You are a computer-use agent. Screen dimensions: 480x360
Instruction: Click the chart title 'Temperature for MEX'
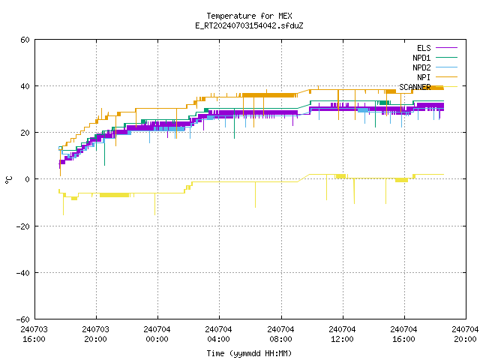pos(249,16)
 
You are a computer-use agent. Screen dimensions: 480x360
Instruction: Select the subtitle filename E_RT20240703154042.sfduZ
pos(249,25)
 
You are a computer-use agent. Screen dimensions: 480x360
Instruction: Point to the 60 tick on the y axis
pos(25,40)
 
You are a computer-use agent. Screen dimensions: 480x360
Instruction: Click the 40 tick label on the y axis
pos(25,86)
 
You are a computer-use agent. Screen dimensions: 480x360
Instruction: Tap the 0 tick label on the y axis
pos(28,179)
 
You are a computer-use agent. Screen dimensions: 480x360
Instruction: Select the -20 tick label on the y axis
pos(23,226)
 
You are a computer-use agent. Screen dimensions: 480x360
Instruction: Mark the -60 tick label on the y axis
pos(23,319)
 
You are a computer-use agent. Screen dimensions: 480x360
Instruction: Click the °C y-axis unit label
pos(8,180)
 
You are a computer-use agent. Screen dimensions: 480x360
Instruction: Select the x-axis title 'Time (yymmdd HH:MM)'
pos(249,353)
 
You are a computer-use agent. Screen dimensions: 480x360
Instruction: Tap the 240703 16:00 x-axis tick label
pos(34,334)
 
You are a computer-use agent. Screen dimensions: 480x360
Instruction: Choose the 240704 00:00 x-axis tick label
pos(157,334)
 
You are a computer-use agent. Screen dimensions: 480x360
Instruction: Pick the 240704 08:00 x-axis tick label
pos(280,334)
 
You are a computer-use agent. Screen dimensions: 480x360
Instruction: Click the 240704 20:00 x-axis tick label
pos(465,334)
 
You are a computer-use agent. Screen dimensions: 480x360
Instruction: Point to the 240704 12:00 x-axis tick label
pos(342,334)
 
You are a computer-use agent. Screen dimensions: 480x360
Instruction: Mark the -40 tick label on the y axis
pos(23,273)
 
